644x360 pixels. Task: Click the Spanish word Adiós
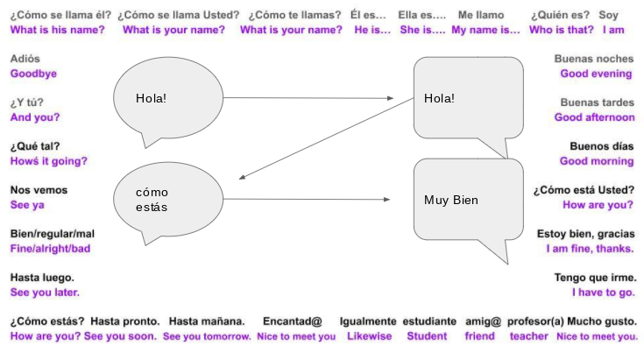point(25,59)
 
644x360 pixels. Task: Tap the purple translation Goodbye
point(33,74)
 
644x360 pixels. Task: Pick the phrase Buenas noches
point(594,59)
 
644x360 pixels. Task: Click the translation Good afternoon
point(594,117)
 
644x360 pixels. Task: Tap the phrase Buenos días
point(601,146)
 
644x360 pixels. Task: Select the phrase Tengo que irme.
point(594,278)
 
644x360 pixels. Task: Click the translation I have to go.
point(603,293)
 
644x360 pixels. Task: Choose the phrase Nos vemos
point(39,190)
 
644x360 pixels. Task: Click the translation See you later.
point(44,293)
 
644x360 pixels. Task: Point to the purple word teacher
point(528,336)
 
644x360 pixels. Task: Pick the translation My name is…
point(485,30)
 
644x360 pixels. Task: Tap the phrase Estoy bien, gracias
point(585,234)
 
